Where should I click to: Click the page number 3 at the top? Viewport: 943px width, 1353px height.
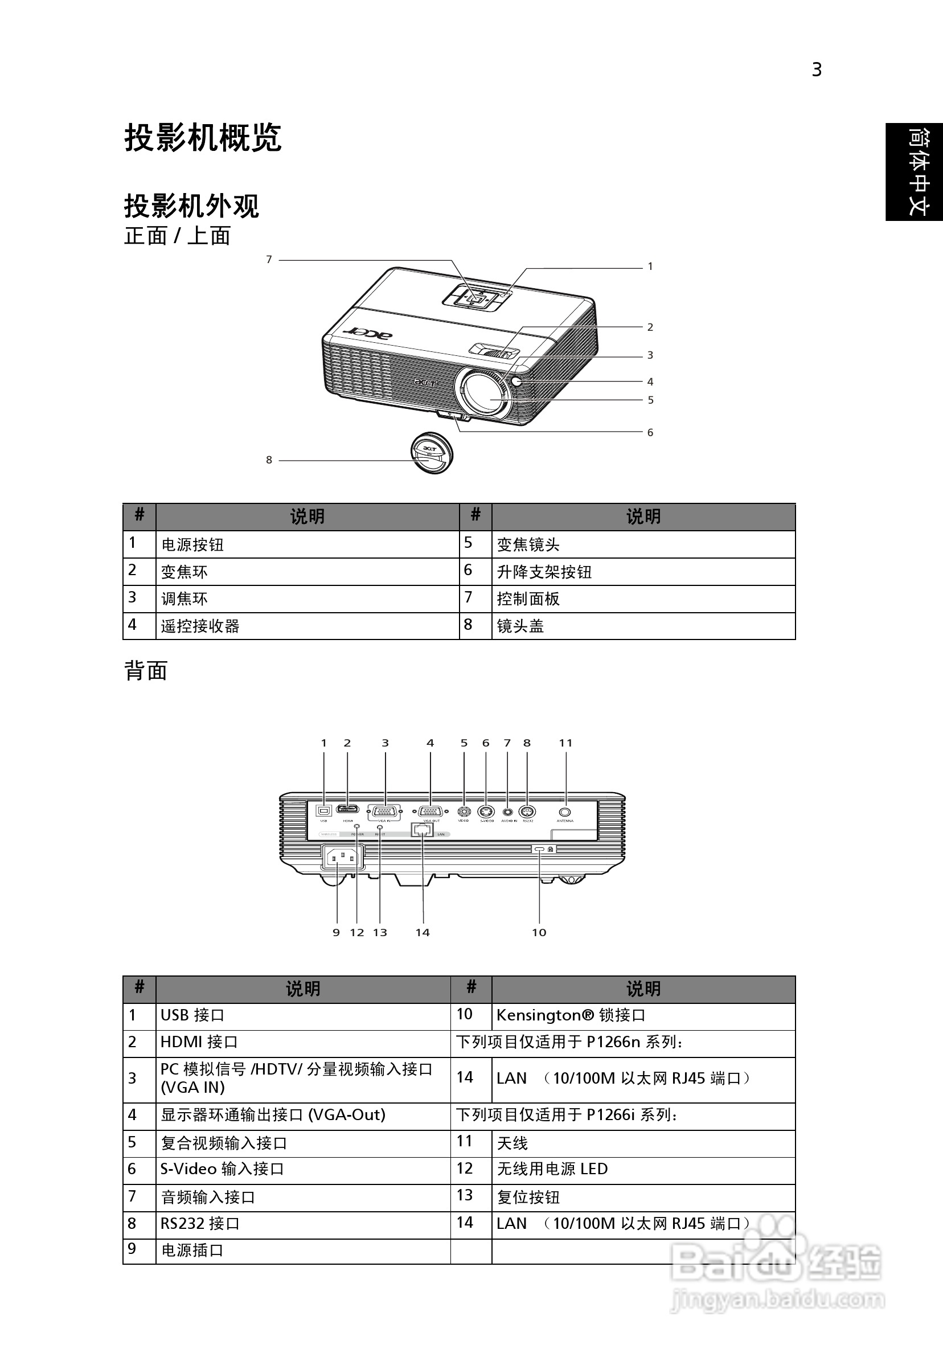pyautogui.click(x=816, y=70)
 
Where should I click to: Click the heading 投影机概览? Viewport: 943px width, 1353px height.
pyautogui.click(x=203, y=138)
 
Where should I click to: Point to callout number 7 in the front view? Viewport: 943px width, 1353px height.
pyautogui.click(x=269, y=259)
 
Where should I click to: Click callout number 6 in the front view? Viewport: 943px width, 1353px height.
pyautogui.click(x=650, y=433)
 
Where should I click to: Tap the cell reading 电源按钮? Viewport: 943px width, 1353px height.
pyautogui.click(x=192, y=544)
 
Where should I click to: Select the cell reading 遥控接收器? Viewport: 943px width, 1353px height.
pyautogui.click(x=200, y=626)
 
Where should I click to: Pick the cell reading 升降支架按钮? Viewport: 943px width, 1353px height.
pyautogui.click(x=544, y=572)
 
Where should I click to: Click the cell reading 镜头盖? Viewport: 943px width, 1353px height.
pyautogui.click(x=520, y=626)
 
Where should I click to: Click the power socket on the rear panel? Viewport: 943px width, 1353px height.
pyautogui.click(x=342, y=858)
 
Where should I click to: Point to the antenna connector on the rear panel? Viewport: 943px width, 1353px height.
pyautogui.click(x=565, y=812)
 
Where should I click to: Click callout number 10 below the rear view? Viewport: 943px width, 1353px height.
pyautogui.click(x=539, y=932)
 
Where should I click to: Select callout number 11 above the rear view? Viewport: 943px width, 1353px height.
pyautogui.click(x=566, y=743)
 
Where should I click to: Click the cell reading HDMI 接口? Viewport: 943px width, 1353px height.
pyautogui.click(x=199, y=1042)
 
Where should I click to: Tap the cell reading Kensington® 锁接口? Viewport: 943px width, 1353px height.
pyautogui.click(x=571, y=1015)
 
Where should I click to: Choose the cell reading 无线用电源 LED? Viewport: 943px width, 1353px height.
pyautogui.click(x=552, y=1168)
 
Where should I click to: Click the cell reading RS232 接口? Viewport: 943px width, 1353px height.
pyautogui.click(x=200, y=1223)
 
